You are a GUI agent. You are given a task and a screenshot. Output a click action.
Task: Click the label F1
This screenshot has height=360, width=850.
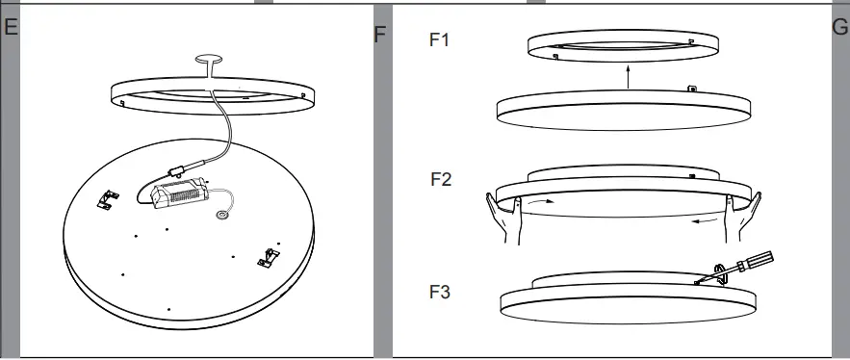439,40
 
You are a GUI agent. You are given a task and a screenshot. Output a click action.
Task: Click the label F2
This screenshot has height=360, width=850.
442,180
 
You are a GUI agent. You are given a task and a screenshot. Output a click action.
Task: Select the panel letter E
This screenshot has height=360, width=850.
10,27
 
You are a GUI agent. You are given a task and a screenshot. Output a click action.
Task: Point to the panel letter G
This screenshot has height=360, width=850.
838,27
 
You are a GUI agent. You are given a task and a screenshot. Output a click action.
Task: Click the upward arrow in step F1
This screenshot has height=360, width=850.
628,76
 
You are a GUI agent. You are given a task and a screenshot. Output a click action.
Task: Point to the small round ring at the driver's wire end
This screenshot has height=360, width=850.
223,216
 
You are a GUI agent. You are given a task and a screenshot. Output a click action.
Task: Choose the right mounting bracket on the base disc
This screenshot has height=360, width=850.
266,256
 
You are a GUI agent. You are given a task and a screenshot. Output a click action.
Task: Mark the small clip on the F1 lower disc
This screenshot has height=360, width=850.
692,89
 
